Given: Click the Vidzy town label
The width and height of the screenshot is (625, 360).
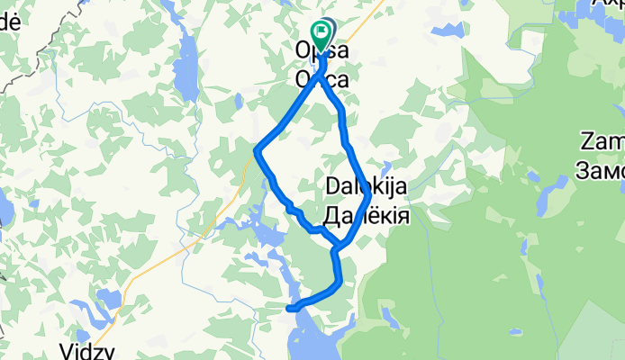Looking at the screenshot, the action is tap(87, 348).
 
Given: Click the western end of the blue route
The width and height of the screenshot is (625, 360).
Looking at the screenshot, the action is tap(290, 309).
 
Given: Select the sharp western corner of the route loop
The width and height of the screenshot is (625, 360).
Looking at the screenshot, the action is tap(258, 149).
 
